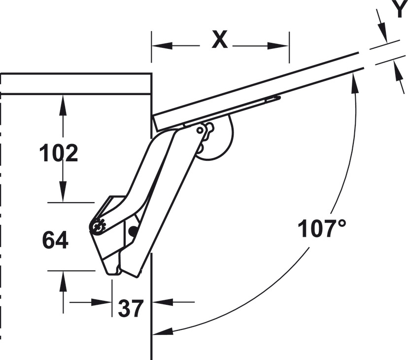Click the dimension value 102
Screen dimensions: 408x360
click(x=59, y=153)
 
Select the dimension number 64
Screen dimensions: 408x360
click(x=55, y=240)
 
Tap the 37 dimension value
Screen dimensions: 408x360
click(x=131, y=308)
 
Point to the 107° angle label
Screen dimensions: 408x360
click(x=322, y=228)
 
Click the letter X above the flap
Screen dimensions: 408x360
click(x=220, y=39)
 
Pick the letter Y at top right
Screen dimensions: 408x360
click(x=400, y=8)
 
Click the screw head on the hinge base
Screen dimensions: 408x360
click(x=98, y=225)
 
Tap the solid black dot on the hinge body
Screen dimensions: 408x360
click(x=133, y=230)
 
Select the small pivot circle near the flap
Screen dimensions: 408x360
click(x=200, y=130)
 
